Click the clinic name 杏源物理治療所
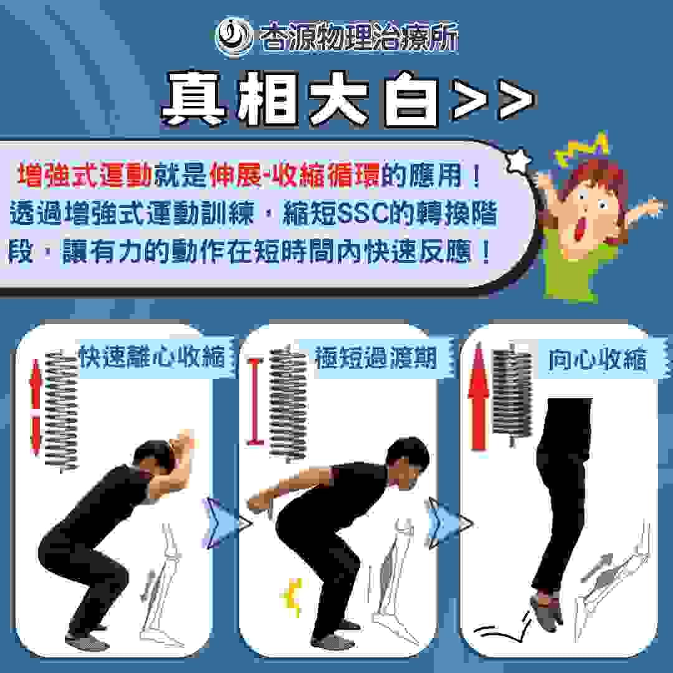click(x=359, y=37)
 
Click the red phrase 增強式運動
click(x=84, y=175)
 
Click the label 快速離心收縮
click(x=153, y=356)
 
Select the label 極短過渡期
click(x=376, y=357)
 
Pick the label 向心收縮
click(x=598, y=358)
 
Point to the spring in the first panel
click(x=62, y=411)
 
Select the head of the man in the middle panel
click(x=407, y=462)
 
